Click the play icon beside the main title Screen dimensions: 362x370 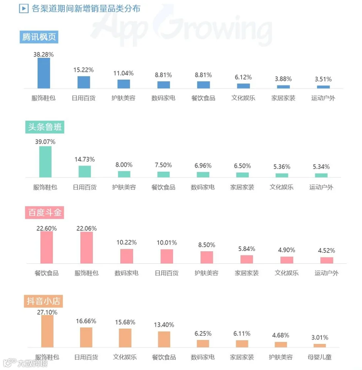coord(24,9)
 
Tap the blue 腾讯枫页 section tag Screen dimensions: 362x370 coord(39,37)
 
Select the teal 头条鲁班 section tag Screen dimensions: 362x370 coord(45,127)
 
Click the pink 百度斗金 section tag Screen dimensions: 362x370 coord(45,213)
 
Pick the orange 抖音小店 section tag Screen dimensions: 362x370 coord(43,301)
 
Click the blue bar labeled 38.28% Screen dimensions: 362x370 coord(44,73)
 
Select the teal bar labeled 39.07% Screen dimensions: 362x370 coord(45,162)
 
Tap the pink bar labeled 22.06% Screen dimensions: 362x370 coord(86,247)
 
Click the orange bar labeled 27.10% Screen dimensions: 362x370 coord(47,331)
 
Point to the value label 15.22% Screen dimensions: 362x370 coord(84,70)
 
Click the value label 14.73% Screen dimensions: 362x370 coord(85,159)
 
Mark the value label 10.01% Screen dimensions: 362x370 coord(167,243)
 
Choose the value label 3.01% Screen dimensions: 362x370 coord(320,337)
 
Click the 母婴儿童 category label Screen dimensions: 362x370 coord(320,357)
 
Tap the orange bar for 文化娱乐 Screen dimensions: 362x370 coord(125,338)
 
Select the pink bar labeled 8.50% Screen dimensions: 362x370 coord(207,257)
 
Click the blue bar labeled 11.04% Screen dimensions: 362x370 coord(123,84)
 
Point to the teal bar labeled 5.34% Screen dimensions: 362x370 coord(321,175)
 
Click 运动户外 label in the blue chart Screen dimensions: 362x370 coord(323,98)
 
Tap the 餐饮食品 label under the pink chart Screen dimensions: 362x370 coord(47,273)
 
